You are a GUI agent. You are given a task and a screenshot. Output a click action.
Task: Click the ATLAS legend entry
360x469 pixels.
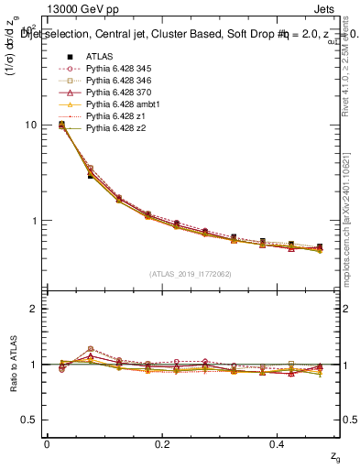100,57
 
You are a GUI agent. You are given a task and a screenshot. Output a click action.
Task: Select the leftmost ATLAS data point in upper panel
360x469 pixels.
61,125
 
